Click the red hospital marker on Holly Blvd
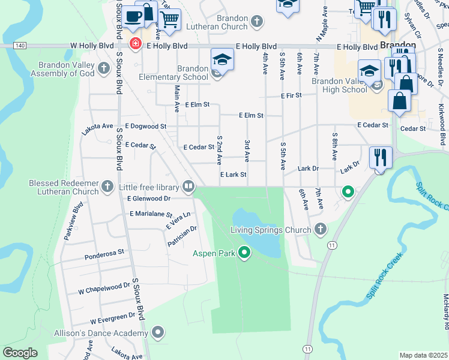click(x=136, y=43)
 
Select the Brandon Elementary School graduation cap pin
click(x=221, y=60)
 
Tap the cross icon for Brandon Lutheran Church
click(x=256, y=22)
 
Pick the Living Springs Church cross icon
click(x=321, y=229)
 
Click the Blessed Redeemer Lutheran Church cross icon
click(x=107, y=185)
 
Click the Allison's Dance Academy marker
click(x=158, y=332)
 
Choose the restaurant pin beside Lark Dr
click(x=381, y=158)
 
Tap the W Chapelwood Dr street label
click(x=104, y=289)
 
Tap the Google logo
click(x=20, y=352)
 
